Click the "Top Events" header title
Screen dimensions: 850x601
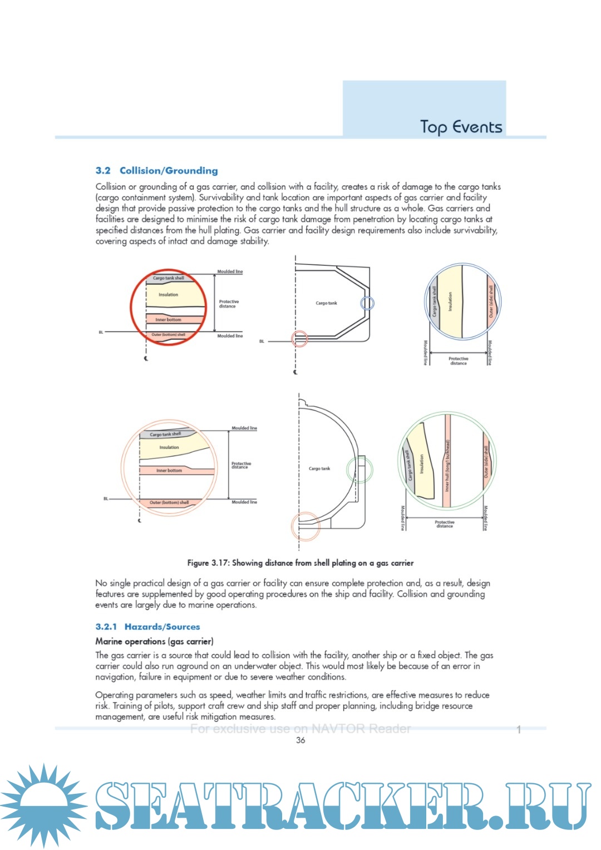pyautogui.click(x=461, y=127)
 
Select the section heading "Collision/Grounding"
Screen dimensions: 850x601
pyautogui.click(x=169, y=171)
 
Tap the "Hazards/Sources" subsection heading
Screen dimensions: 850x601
pyautogui.click(x=162, y=626)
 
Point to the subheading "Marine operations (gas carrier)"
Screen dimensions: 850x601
pyautogui.click(x=154, y=641)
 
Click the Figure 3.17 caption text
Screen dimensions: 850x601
pyautogui.click(x=300, y=563)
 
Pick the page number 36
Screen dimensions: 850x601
pyautogui.click(x=300, y=740)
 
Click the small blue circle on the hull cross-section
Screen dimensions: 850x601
pyautogui.click(x=367, y=303)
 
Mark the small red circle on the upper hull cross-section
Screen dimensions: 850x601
pyautogui.click(x=300, y=338)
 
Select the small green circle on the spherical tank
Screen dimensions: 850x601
pyautogui.click(x=359, y=469)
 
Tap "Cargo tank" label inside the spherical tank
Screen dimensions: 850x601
pyautogui.click(x=319, y=468)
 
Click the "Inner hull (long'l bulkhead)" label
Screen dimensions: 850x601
pyautogui.click(x=447, y=466)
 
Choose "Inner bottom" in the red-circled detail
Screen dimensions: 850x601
pyautogui.click(x=168, y=320)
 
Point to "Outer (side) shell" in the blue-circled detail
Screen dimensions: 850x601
pyautogui.click(x=491, y=302)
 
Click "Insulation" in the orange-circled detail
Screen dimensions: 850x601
pyautogui.click(x=169, y=447)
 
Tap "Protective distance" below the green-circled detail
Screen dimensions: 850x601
pyautogui.click(x=444, y=524)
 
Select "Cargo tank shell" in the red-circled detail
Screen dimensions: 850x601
pyautogui.click(x=168, y=278)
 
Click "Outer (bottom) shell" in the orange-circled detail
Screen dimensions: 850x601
pyautogui.click(x=169, y=502)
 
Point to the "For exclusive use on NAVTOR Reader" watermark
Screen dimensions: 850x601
pyautogui.click(x=300, y=729)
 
